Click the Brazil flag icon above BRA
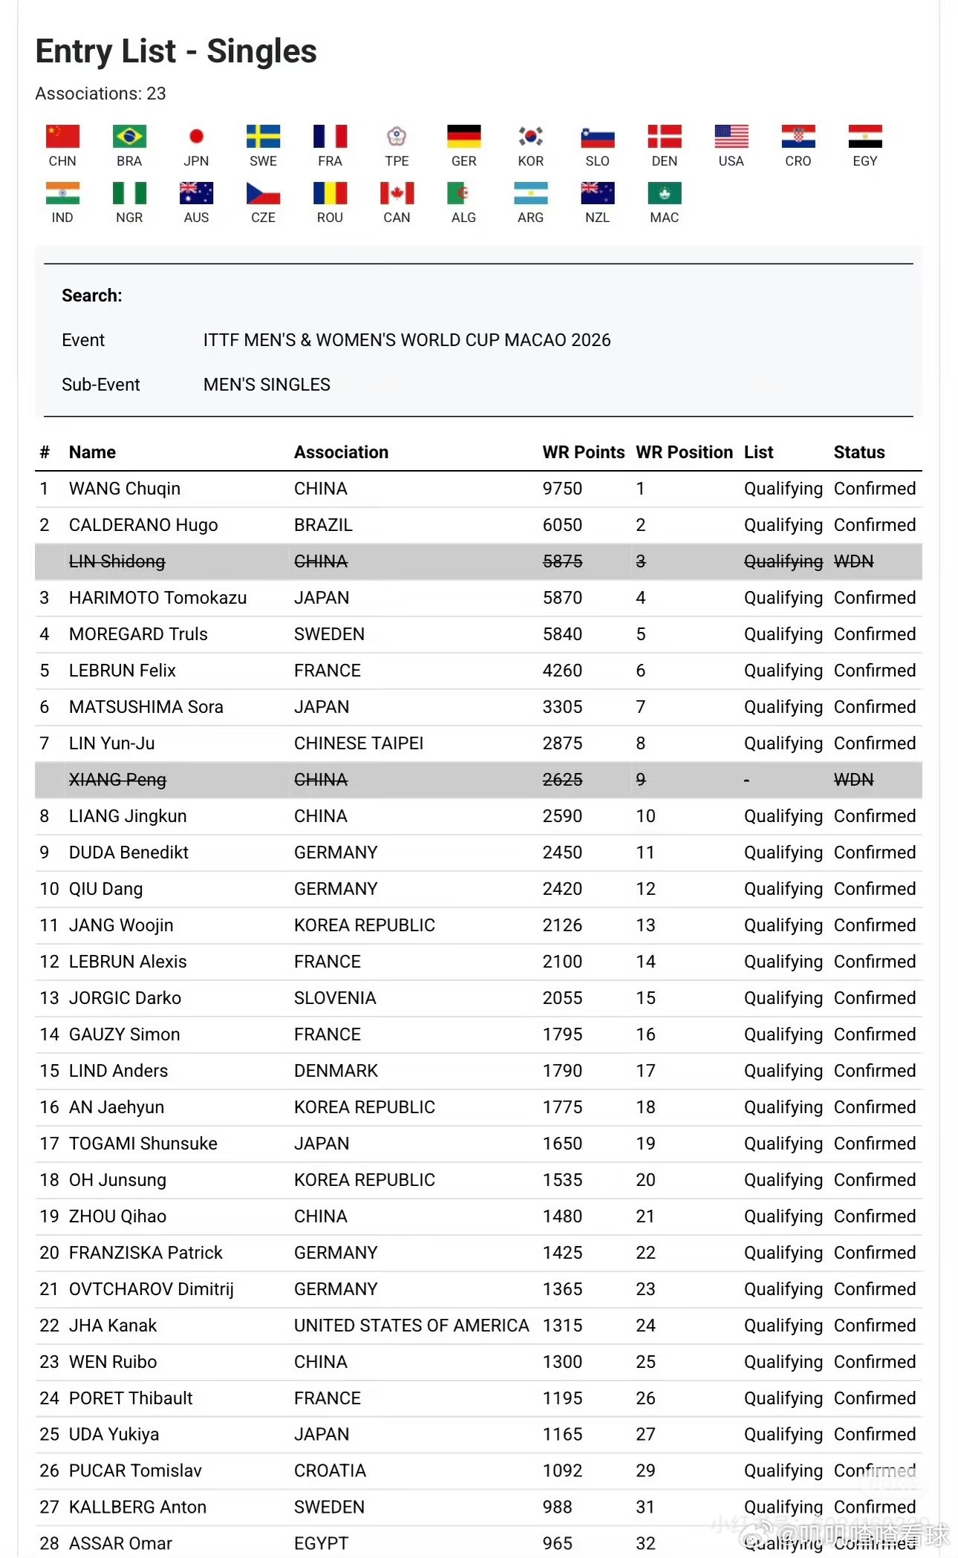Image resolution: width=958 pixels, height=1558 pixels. (x=129, y=137)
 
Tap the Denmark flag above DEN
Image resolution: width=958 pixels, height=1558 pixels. (x=664, y=137)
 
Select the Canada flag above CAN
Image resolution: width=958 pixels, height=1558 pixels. (x=397, y=193)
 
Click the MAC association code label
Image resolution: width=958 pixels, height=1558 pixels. (x=664, y=218)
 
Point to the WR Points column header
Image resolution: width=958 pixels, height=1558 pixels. (x=583, y=452)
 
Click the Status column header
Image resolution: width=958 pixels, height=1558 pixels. (x=858, y=452)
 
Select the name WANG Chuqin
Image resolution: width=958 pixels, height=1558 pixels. (x=125, y=489)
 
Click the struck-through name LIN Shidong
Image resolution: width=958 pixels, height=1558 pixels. (x=117, y=561)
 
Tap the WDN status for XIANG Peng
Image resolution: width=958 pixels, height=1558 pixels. (x=853, y=780)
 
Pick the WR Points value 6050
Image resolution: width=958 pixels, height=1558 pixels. (x=562, y=525)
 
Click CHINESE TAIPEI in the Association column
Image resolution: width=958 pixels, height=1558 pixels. (x=359, y=743)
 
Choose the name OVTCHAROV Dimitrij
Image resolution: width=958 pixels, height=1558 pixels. (x=151, y=1289)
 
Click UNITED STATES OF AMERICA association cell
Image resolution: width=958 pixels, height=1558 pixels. (x=411, y=1326)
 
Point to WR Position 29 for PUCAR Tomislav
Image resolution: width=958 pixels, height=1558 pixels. (x=645, y=1470)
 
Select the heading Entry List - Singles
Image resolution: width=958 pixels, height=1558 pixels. (x=176, y=51)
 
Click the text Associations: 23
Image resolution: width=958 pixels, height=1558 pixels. (x=100, y=94)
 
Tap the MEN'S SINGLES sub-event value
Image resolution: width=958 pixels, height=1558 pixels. (x=267, y=385)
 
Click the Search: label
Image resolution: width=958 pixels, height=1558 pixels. (x=91, y=296)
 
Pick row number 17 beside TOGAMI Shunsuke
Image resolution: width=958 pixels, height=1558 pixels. (x=49, y=1144)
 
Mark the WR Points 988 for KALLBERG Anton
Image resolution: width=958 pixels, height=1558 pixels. (x=557, y=1507)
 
